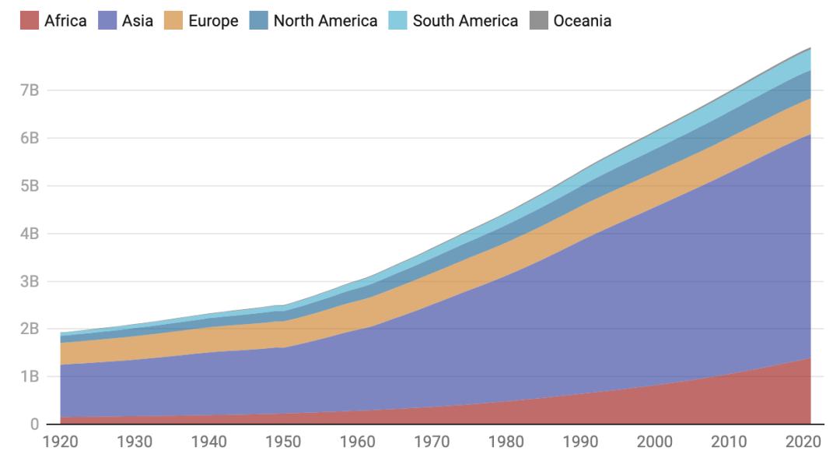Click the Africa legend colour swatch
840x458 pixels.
coord(29,20)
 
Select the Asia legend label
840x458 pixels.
coord(138,20)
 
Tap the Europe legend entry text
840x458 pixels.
coord(213,20)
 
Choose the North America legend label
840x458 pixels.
coord(325,20)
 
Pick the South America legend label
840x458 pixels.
coord(465,20)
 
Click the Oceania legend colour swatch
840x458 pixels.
coord(538,20)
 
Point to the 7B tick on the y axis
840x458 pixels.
coord(30,90)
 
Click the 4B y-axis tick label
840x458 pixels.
coord(30,234)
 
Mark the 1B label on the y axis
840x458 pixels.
coord(30,377)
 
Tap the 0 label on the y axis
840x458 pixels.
coord(33,425)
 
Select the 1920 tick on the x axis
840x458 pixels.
coord(60,442)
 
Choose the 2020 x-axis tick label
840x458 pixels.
coord(803,442)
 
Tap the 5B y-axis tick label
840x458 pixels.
coord(30,186)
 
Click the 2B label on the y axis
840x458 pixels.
coord(30,329)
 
